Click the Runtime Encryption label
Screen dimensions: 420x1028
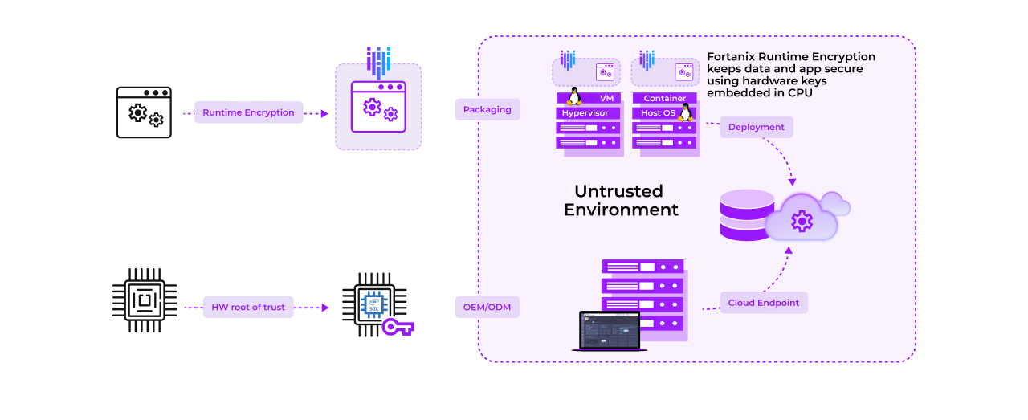click(248, 113)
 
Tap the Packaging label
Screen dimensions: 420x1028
click(487, 109)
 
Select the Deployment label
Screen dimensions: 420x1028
click(757, 127)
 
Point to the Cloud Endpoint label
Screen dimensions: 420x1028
click(764, 303)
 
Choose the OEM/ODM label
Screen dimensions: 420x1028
click(487, 307)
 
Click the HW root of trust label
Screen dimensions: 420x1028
click(248, 307)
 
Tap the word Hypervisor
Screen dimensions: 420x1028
click(585, 113)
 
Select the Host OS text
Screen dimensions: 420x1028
click(658, 113)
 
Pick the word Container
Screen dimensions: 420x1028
click(665, 99)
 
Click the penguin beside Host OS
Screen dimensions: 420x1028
click(685, 112)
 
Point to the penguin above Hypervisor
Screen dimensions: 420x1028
click(574, 96)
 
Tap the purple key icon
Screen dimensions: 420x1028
click(397, 327)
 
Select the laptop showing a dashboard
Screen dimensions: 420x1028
click(610, 330)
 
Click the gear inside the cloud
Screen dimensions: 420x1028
click(802, 221)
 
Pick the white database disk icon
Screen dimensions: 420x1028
click(747, 209)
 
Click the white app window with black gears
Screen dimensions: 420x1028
click(144, 112)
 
